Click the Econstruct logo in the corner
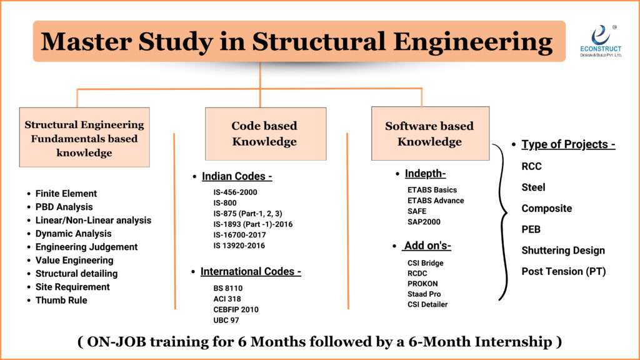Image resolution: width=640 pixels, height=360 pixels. pos(600,41)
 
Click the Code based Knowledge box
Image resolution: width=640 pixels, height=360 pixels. pos(265,134)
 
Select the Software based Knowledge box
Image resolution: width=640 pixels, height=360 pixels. pos(430,134)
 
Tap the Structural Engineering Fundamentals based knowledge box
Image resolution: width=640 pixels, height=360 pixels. pos(84,138)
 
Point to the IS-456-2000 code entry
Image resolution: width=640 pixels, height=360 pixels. pos(235,192)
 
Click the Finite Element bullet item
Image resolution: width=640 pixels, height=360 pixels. pos(66,194)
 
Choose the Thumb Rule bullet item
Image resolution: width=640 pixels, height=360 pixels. pos(61,300)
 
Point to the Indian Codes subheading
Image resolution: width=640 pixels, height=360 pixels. pos(237,176)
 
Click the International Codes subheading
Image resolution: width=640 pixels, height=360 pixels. pos(251,272)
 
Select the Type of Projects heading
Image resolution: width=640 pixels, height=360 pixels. pos(568,144)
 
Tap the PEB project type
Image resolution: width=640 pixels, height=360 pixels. pos(531,229)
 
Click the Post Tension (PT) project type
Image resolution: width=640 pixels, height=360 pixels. pos(564,271)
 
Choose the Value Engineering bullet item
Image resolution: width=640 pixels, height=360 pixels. pos(74,260)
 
